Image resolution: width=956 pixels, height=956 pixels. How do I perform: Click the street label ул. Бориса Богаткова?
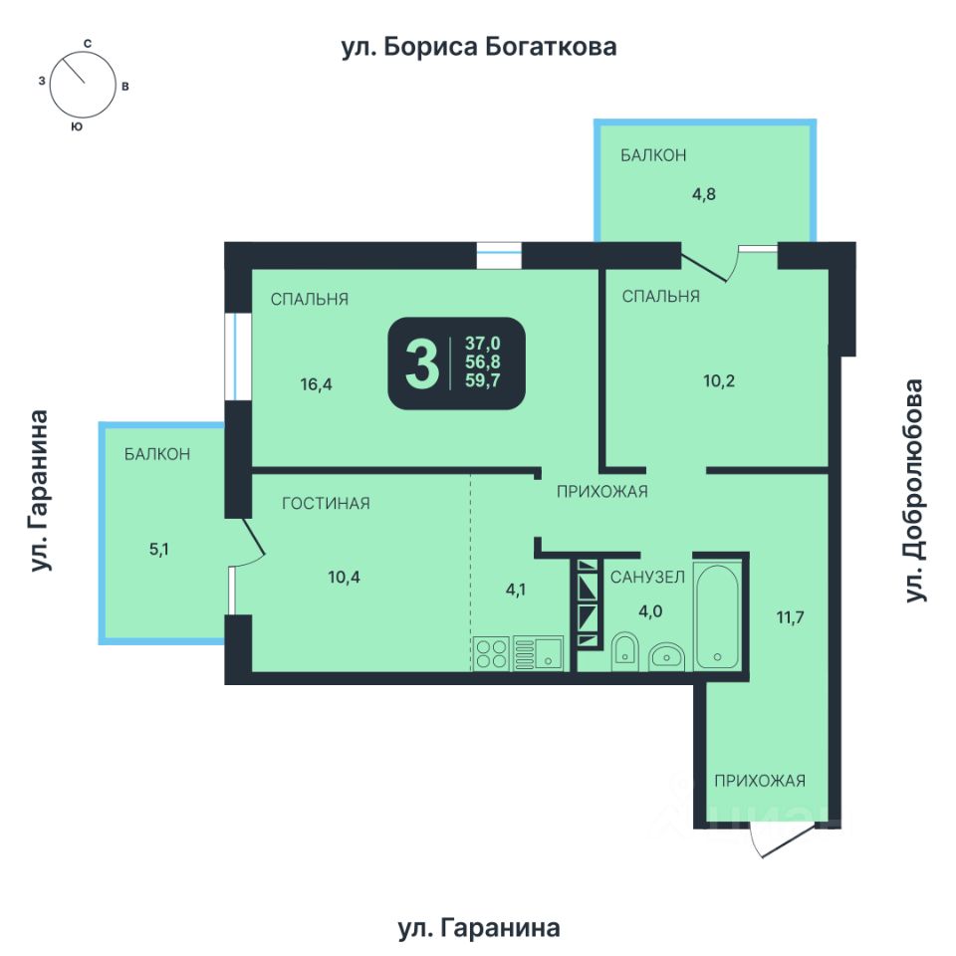(479, 47)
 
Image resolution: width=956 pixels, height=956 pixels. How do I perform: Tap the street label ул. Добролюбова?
(914, 491)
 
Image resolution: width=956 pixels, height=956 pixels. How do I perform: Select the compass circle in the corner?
(83, 85)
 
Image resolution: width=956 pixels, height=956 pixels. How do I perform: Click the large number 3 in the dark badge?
(422, 364)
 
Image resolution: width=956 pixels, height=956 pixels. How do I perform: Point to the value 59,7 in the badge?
(482, 380)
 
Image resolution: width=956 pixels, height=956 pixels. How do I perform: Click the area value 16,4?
(316, 384)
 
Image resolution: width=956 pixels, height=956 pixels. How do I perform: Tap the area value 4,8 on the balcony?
(704, 194)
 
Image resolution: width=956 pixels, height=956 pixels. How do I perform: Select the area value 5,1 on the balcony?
(159, 550)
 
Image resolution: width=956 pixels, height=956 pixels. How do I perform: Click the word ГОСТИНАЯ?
(326, 503)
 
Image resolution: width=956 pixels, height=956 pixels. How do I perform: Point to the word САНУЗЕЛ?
(647, 577)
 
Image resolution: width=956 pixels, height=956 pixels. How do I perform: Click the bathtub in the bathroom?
(717, 616)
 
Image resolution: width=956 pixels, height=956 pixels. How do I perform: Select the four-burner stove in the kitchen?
(491, 653)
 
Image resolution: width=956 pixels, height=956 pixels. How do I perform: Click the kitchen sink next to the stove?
(538, 653)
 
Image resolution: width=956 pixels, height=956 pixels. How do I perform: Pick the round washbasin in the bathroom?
(666, 656)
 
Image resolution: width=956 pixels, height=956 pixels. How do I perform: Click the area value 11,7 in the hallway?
(790, 617)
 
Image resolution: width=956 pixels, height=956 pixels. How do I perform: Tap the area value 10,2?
(719, 381)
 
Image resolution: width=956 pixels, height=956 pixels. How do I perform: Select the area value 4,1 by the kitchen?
(516, 590)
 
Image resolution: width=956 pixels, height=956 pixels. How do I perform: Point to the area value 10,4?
(344, 577)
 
